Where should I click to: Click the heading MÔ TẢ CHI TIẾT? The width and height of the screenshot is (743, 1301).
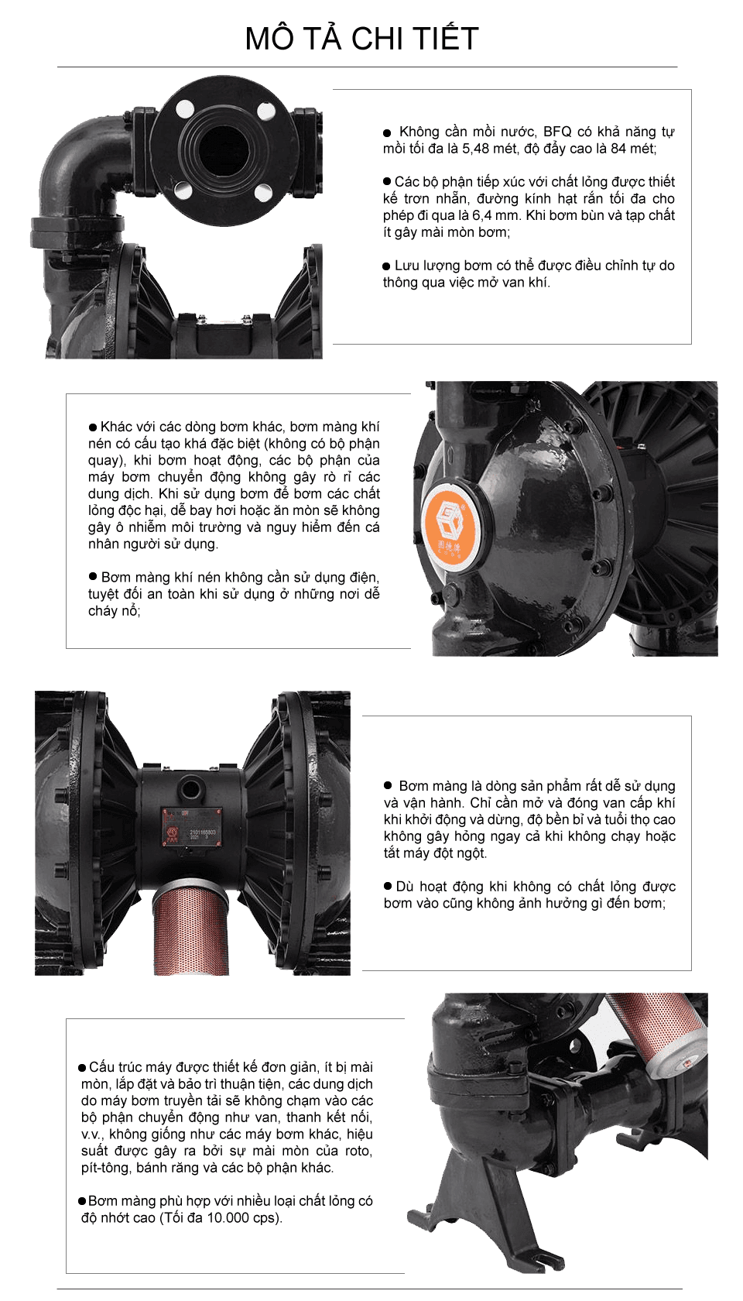[362, 39]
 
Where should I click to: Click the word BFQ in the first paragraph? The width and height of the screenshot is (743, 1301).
[557, 132]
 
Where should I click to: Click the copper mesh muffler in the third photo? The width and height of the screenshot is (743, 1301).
[187, 929]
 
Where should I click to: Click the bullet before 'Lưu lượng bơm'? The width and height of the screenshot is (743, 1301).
[387, 266]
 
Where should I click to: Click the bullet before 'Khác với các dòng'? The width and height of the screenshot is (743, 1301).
[93, 427]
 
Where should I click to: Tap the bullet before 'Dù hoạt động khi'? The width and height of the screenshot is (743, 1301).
[389, 886]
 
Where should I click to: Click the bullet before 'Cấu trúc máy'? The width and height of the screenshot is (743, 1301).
[82, 1067]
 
